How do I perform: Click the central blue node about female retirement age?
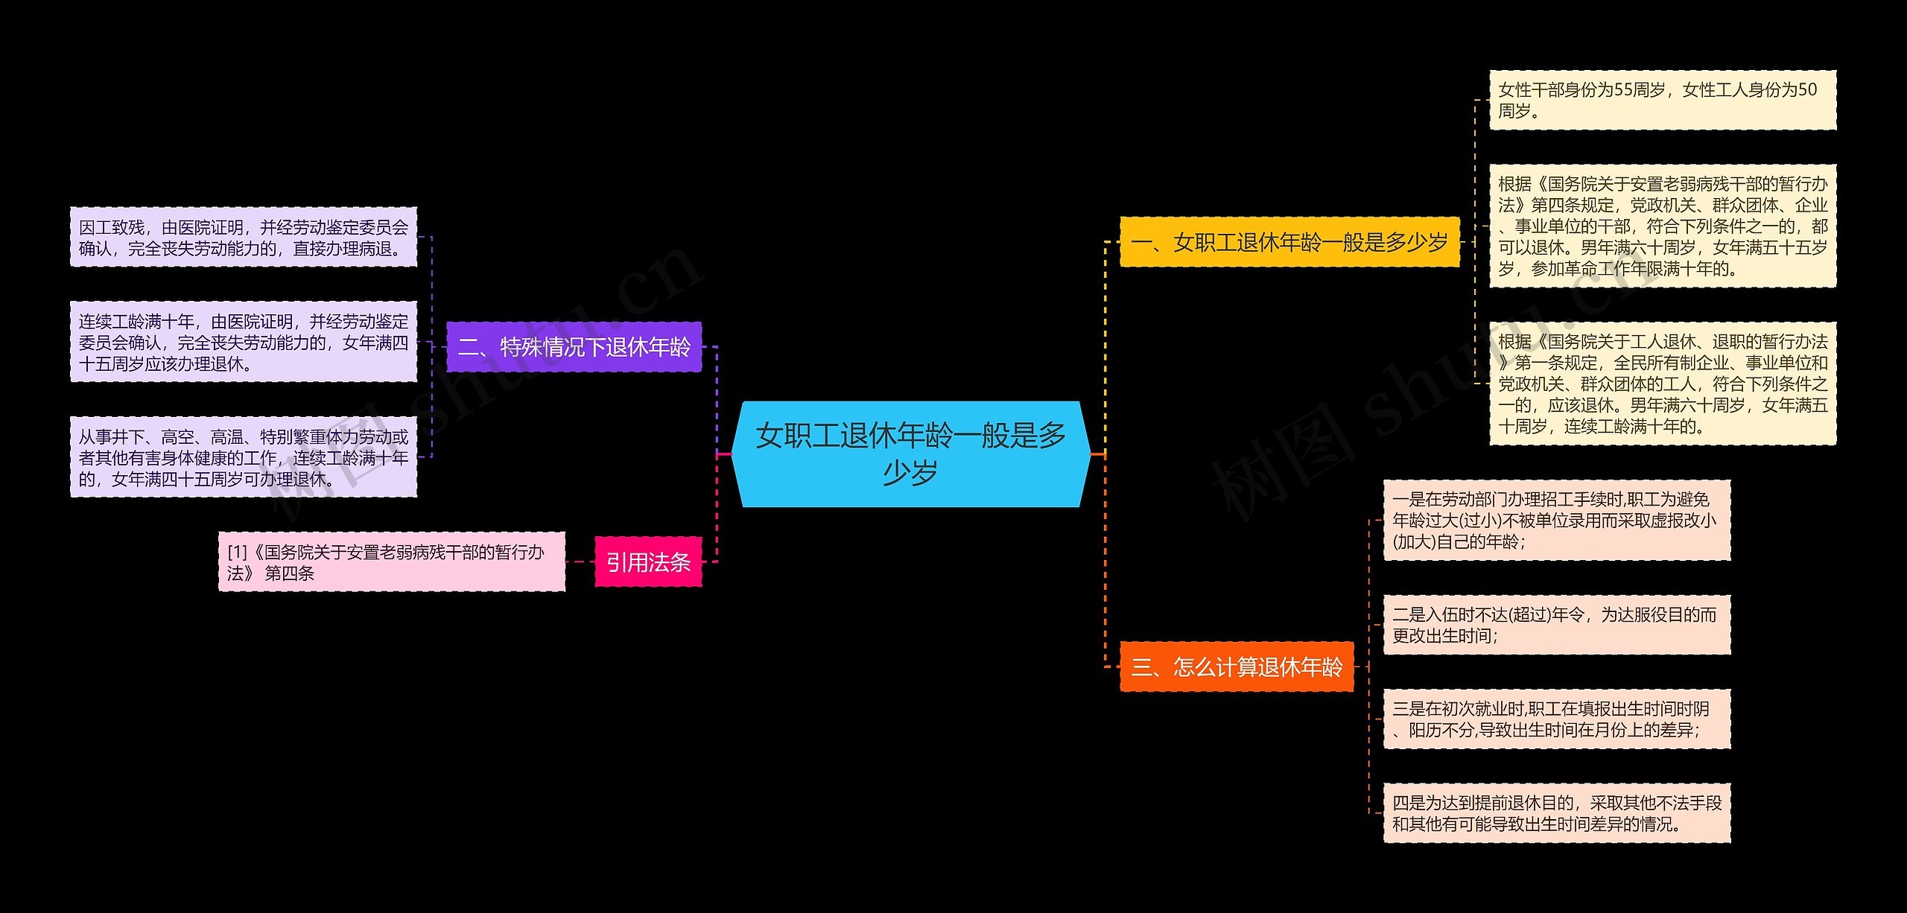(x=910, y=454)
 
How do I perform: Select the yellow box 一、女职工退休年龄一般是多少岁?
(x=1289, y=242)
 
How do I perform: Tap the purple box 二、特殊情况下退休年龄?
(x=574, y=347)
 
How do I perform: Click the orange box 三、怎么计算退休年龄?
(x=1237, y=667)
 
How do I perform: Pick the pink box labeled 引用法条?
(x=648, y=562)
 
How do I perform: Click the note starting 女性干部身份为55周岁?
(x=1662, y=101)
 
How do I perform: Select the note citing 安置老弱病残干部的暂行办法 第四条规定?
(x=1662, y=226)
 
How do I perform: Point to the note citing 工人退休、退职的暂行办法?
(x=1662, y=384)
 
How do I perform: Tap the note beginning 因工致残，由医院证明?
(x=244, y=238)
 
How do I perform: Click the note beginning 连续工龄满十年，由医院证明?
(x=244, y=342)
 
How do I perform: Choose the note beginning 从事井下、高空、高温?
(x=244, y=457)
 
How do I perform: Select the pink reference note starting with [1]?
(x=391, y=562)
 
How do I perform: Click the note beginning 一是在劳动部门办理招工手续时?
(x=1556, y=520)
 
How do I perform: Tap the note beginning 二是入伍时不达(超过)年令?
(x=1556, y=625)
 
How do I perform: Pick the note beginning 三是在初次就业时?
(x=1556, y=719)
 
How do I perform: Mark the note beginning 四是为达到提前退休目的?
(x=1556, y=813)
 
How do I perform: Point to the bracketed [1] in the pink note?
(x=237, y=553)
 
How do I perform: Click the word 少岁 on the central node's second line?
(x=910, y=473)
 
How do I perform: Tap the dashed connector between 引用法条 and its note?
(x=580, y=562)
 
